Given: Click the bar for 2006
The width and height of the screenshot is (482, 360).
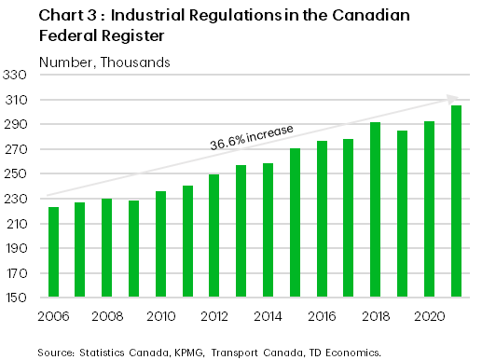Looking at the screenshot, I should point(53,253).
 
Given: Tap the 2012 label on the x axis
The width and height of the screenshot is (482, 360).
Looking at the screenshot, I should point(214,316).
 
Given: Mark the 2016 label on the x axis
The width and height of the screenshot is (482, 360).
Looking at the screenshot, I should point(322,316).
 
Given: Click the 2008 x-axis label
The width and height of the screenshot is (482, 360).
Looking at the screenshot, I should point(106,316).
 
